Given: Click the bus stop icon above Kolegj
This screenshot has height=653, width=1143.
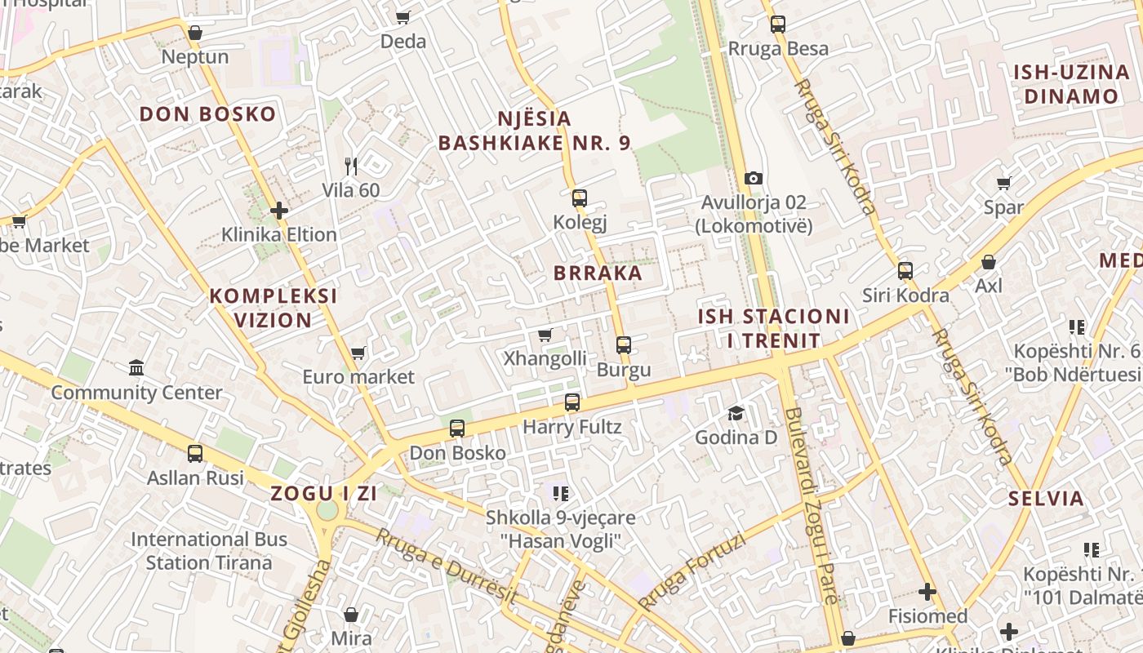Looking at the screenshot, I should pos(579,198).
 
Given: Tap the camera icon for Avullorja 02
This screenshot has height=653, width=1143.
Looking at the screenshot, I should pos(753,178).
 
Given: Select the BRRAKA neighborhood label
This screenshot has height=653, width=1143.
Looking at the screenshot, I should pos(598,273).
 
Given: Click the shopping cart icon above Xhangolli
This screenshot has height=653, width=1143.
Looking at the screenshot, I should pos(545,335).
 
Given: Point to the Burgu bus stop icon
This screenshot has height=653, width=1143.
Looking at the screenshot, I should pos(624,345).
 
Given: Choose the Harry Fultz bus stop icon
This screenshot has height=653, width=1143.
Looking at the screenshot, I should pos(572,402).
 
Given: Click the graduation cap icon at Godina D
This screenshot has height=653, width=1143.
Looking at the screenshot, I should pos(736,413).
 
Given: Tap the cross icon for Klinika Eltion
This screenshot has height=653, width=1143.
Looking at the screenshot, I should pos(279,211).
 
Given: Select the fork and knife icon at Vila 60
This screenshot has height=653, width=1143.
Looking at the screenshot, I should pos(351,167).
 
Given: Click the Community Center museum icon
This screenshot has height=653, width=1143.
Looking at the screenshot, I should pos(136,368).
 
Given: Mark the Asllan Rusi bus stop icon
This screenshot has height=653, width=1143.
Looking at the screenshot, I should pos(195,454).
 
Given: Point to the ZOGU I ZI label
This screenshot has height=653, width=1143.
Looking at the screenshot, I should pos(323,493).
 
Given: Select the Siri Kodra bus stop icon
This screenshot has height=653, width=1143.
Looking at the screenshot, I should pos(905,271).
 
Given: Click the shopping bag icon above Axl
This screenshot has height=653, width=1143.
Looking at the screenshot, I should pos(988,262).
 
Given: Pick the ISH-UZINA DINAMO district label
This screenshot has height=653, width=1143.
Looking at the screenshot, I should pos(1071,84).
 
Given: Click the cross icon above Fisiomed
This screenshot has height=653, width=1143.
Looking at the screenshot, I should pos(927,592).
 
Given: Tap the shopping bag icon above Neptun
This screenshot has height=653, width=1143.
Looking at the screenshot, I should pos(194,33).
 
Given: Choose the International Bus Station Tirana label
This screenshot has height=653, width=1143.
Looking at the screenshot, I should pos(209,551).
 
